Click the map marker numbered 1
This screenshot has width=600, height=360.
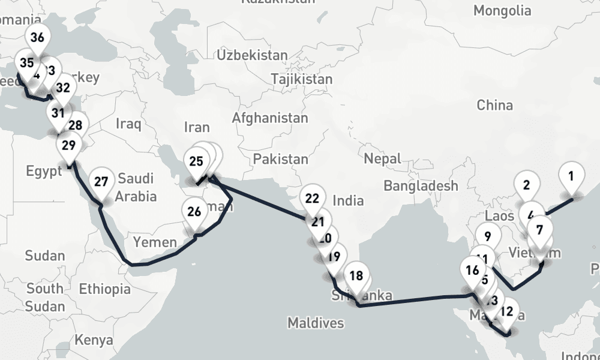coord(571,177)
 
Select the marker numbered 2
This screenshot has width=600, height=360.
coord(527,185)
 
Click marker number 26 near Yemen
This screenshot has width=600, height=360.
coord(194,212)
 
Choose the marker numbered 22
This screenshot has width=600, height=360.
coord(313,199)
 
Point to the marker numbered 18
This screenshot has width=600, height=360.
coord(356,277)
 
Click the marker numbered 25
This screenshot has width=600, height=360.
coord(196,161)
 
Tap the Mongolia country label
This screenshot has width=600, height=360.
coord(502,11)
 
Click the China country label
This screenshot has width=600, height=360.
coord(495,106)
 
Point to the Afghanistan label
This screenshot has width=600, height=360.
coord(270,118)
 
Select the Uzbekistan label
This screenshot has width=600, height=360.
coord(253,56)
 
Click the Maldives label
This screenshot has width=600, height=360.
coord(316,323)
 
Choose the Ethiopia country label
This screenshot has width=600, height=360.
coord(104,289)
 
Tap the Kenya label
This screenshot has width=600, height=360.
coord(94,340)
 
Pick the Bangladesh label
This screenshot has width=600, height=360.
coord(421,186)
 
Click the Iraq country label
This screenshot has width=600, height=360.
coord(129,125)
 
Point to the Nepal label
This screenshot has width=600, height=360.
coord(382,159)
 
